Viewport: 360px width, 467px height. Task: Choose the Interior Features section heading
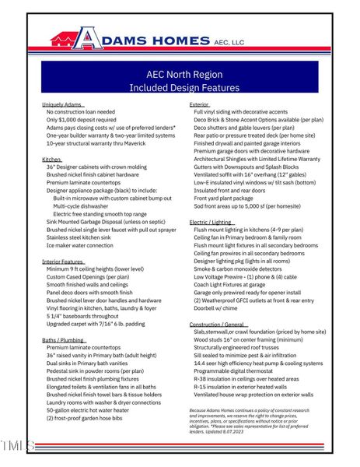pos(64,262)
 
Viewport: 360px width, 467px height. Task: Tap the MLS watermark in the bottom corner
pos(17,446)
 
